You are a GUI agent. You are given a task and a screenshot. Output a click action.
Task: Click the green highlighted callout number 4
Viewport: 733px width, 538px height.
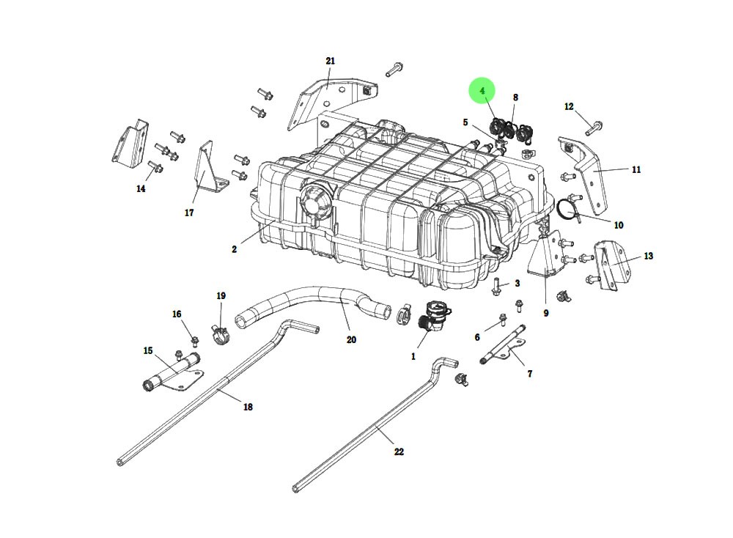[x=482, y=91]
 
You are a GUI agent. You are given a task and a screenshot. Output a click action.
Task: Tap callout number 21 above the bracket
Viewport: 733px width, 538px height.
[x=330, y=61]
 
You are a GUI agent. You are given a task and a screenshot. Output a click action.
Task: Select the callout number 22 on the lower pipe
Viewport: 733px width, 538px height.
[x=399, y=452]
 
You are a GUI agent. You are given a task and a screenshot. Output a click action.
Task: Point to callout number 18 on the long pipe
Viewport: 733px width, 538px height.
[x=248, y=407]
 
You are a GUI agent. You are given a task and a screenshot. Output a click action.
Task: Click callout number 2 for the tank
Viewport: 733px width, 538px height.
[x=234, y=249]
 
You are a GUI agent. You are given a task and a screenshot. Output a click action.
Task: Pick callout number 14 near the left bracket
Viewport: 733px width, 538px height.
[x=141, y=188]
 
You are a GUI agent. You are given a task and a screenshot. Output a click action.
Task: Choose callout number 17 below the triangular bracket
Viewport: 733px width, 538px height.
[x=189, y=213]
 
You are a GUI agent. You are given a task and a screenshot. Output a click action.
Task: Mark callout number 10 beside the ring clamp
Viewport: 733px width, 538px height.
[x=618, y=225]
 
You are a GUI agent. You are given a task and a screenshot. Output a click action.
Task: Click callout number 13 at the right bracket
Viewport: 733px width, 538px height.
[x=648, y=257]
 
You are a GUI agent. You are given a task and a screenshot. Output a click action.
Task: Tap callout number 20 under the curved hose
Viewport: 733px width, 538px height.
[x=351, y=339]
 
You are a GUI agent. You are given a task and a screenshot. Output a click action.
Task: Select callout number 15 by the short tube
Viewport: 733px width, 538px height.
[x=148, y=351]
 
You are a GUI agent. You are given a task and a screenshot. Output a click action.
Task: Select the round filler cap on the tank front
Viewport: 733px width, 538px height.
[x=314, y=199]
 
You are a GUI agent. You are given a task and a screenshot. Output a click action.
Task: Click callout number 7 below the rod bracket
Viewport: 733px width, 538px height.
[x=529, y=374]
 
